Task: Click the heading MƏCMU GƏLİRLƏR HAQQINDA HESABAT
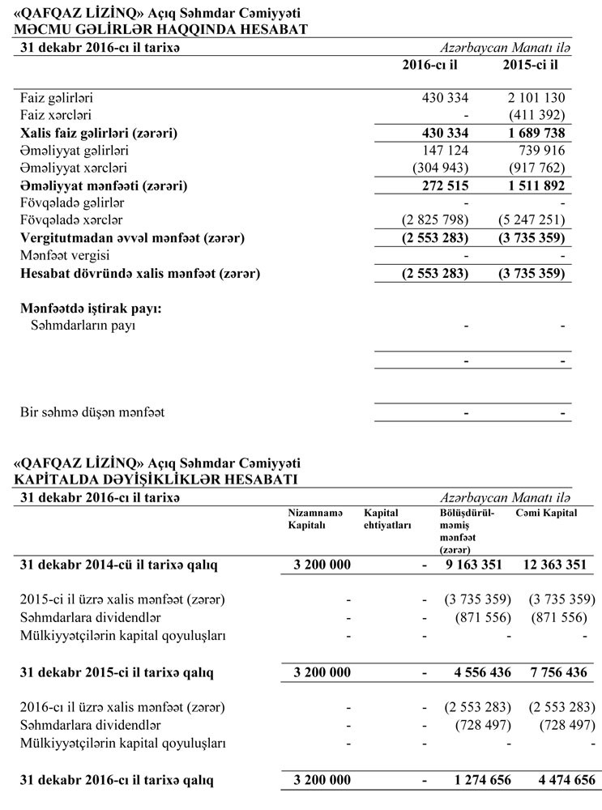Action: (x=160, y=29)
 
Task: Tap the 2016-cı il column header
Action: (x=435, y=64)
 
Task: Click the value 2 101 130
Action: (x=532, y=98)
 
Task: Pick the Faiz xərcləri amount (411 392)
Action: (x=532, y=115)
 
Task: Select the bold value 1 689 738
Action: (x=532, y=133)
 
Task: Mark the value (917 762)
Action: (x=532, y=168)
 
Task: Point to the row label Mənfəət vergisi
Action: (x=64, y=256)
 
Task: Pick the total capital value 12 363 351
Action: (x=555, y=564)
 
